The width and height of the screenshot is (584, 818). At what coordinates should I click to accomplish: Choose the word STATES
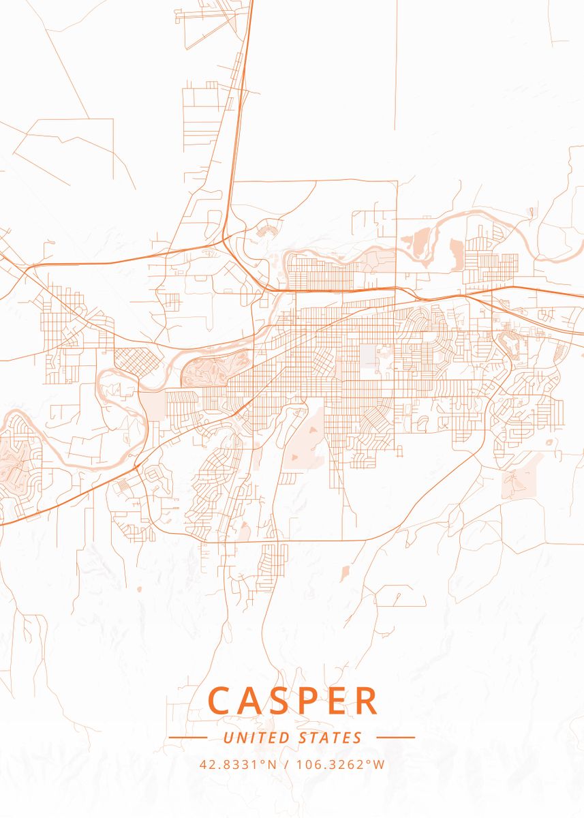point(331,738)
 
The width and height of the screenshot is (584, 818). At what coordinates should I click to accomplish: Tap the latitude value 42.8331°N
point(238,764)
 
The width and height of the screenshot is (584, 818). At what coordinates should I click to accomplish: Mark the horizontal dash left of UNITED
point(187,738)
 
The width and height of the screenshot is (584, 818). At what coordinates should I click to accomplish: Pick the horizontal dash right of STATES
point(395,738)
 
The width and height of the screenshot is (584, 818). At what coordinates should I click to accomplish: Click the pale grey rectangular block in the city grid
point(368,360)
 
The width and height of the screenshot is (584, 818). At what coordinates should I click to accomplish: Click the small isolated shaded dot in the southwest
point(138,588)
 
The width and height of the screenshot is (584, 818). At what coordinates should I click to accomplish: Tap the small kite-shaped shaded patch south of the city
point(345,573)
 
